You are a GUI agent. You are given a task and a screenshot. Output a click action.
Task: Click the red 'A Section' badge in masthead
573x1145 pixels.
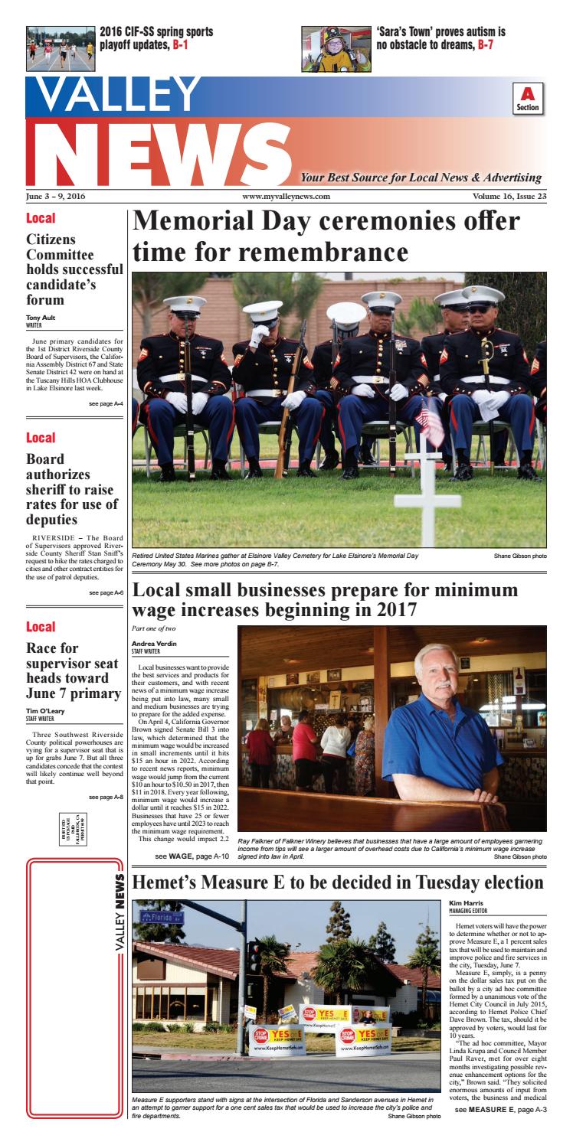tap(527, 99)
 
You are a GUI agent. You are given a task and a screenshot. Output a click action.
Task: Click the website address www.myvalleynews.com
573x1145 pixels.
tap(286, 197)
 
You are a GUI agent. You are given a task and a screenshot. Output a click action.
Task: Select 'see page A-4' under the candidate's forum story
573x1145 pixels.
tap(106, 404)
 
